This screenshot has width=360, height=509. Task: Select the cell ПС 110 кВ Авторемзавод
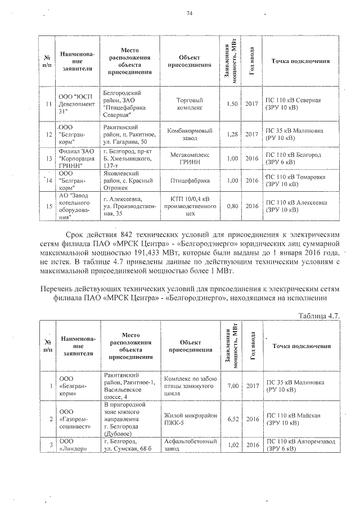tap(300, 445)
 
